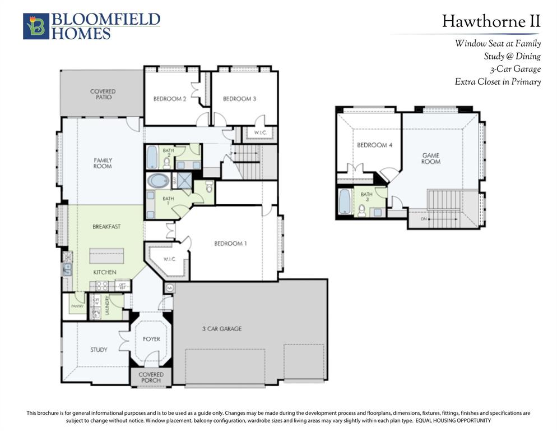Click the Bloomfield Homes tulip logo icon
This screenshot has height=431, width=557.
(36, 26)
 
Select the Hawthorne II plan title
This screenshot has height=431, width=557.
(491, 21)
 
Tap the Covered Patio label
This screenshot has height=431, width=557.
(103, 94)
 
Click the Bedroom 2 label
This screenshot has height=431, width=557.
(170, 99)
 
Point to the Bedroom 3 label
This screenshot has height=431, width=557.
(239, 99)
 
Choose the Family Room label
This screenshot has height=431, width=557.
(103, 163)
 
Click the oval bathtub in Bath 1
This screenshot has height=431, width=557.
(159, 181)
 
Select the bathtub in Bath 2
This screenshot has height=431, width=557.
(152, 157)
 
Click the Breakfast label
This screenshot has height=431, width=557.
(106, 227)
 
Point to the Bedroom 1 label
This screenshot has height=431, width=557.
(230, 244)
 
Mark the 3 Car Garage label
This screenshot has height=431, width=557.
(222, 328)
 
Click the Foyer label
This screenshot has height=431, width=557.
(151, 339)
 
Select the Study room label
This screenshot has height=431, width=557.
(99, 350)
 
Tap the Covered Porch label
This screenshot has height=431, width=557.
(151, 377)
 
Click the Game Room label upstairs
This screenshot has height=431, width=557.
(431, 158)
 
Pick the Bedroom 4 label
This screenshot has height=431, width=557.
(375, 145)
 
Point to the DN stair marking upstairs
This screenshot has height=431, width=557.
(423, 219)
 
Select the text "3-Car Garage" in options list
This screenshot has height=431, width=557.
(513, 69)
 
